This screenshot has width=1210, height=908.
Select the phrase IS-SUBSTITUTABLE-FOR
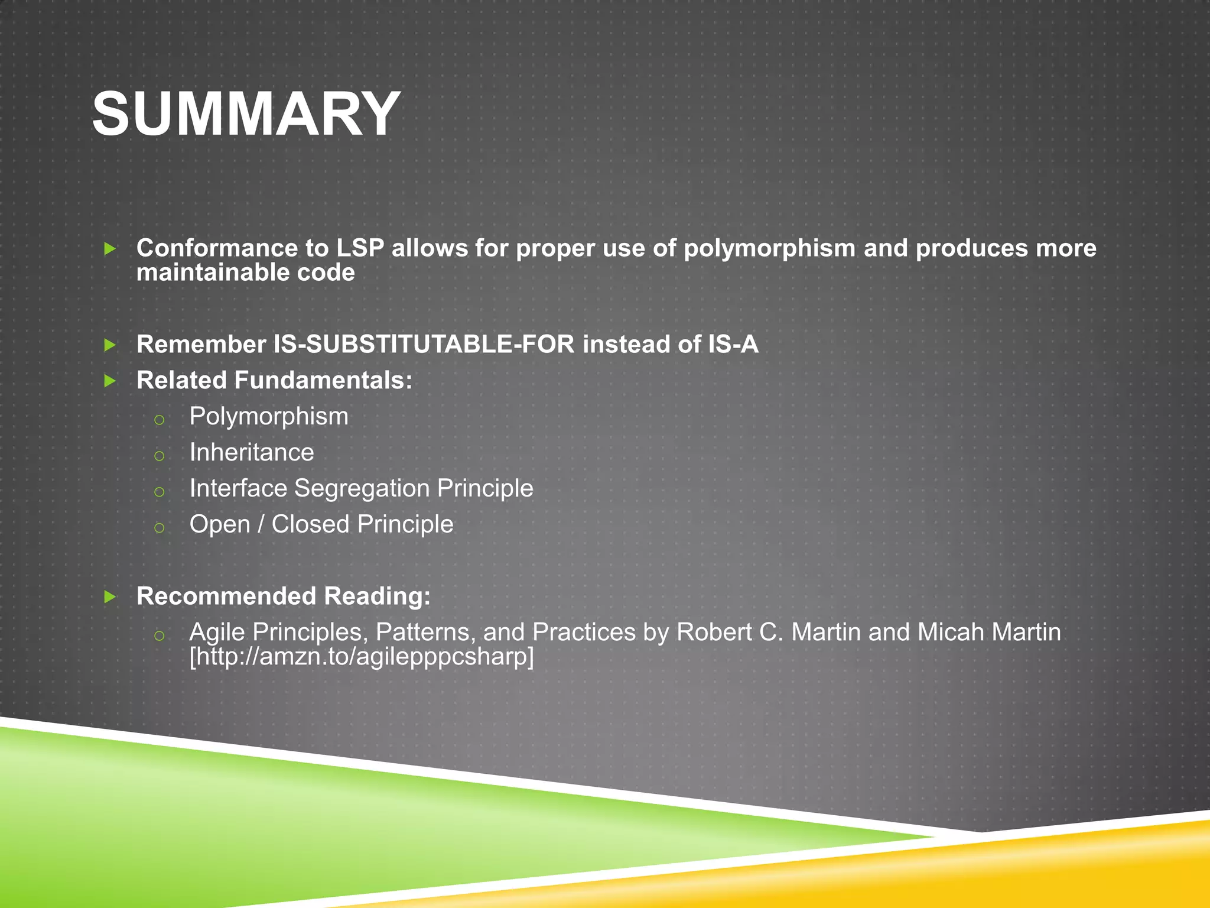point(424,345)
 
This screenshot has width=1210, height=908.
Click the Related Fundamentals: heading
point(274,380)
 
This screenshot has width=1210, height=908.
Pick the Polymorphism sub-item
point(269,417)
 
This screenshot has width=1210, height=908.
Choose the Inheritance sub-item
point(252,453)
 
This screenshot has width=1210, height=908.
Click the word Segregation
point(362,489)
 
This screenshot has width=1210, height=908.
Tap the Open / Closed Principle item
point(321,524)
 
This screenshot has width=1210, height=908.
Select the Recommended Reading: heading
point(284,596)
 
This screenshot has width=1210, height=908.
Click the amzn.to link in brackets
point(362,657)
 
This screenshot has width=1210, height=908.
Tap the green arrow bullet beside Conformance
point(110,249)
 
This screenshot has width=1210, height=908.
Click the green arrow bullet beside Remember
point(110,345)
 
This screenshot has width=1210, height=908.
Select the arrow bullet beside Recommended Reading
point(110,597)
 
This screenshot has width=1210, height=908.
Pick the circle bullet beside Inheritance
point(159,456)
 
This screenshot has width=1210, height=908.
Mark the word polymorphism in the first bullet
point(769,248)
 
